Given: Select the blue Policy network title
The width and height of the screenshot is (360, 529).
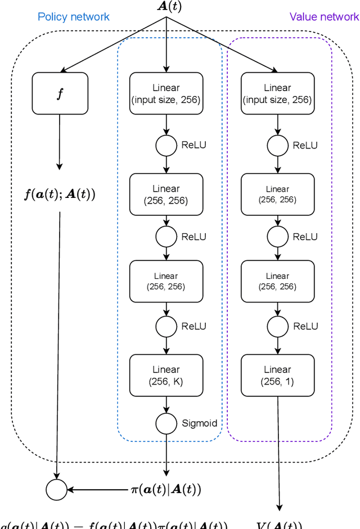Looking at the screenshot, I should click(74, 16).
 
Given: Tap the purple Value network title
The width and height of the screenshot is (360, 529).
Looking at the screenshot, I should click(324, 16).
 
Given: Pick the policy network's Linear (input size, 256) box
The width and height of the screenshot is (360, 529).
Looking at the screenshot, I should click(166, 94).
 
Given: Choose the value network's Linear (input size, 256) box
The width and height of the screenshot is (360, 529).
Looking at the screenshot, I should click(277, 94).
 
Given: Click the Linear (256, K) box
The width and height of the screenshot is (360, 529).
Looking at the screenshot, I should click(166, 376).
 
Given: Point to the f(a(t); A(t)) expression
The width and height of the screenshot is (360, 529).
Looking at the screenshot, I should click(60, 195).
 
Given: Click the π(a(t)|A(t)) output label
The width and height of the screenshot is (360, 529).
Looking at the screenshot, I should click(165, 490).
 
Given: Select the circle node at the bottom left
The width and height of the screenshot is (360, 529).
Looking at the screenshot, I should click(57, 490).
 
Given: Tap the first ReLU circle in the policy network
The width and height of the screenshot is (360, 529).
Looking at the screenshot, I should click(166, 145).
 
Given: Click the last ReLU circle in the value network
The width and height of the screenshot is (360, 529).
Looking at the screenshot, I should click(277, 326).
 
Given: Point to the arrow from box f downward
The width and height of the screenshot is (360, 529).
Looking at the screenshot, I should click(60, 141).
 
